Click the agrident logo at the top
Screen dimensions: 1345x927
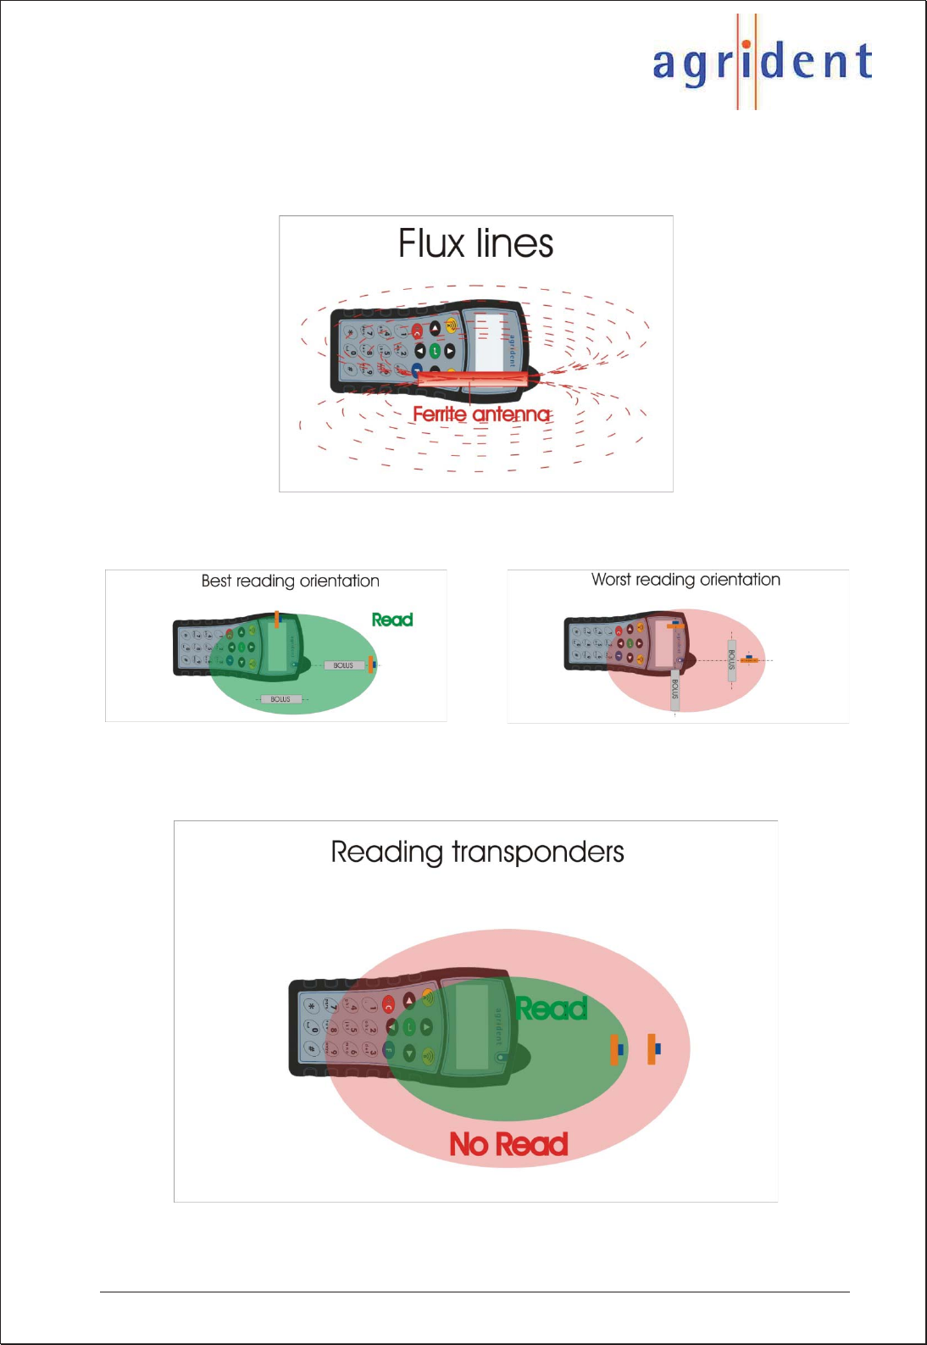[x=762, y=62]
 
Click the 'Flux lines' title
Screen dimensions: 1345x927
[x=475, y=244]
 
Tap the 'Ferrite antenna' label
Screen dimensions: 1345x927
[x=480, y=414]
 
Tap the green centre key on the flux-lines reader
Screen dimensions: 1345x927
[x=435, y=350]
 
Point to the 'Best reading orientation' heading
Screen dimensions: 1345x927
[x=290, y=581]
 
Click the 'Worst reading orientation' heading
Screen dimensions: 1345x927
[x=686, y=580]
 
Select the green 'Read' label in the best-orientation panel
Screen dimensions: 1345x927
[x=391, y=620]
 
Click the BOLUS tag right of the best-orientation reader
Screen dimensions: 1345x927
[x=343, y=665]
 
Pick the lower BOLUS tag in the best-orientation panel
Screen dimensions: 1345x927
[x=280, y=699]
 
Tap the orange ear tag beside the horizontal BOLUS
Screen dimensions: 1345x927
[x=371, y=664]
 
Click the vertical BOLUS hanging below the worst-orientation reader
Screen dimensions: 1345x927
[x=674, y=689]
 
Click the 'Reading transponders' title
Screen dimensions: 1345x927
[x=477, y=852]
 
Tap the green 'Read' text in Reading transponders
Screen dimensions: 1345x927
[x=552, y=1009]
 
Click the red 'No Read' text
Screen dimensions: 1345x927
[x=508, y=1144]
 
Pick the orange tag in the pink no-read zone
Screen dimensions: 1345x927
[x=652, y=1049]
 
